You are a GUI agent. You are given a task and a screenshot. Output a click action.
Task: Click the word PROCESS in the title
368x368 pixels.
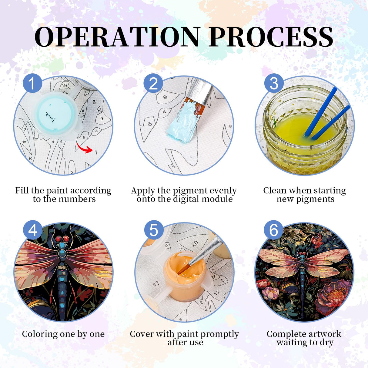click(271, 37)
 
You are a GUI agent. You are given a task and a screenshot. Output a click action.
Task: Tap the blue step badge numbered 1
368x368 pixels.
click(32, 83)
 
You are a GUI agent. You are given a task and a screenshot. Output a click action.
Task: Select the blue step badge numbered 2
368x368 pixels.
click(153, 83)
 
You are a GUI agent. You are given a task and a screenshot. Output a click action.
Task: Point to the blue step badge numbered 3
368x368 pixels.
click(274, 83)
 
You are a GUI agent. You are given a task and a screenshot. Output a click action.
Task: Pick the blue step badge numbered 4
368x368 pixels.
click(32, 230)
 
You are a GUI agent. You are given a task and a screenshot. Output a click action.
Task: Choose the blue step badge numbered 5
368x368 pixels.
click(154, 230)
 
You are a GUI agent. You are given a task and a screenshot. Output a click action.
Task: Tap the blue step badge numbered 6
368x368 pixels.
click(273, 230)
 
